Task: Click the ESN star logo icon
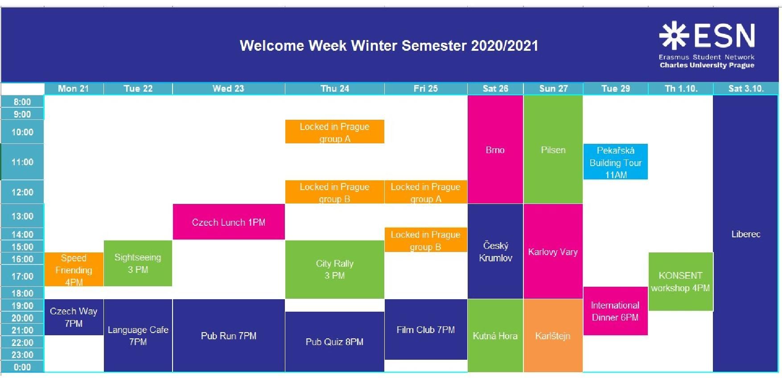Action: pos(674,35)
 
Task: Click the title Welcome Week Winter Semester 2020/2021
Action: pos(389,45)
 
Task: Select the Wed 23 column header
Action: pos(228,89)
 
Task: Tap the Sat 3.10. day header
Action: pos(746,89)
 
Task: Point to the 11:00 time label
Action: pos(22,162)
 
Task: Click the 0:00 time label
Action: pos(22,367)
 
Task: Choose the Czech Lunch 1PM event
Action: pos(229,222)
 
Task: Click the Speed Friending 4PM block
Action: pos(74,269)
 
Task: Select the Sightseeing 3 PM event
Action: pos(138,263)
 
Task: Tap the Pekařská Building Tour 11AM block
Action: pos(616,162)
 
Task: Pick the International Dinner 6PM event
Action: pos(615,311)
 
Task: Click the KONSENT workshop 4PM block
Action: pos(680,281)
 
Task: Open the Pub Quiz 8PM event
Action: pos(334,341)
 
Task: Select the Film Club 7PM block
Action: pos(426,329)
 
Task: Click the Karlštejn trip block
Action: pos(553,336)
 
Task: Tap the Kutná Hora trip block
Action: pos(495,336)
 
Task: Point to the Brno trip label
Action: pos(495,150)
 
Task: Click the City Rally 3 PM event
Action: pos(334,269)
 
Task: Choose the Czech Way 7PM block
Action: pos(74,317)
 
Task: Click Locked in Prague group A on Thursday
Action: pos(334,132)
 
